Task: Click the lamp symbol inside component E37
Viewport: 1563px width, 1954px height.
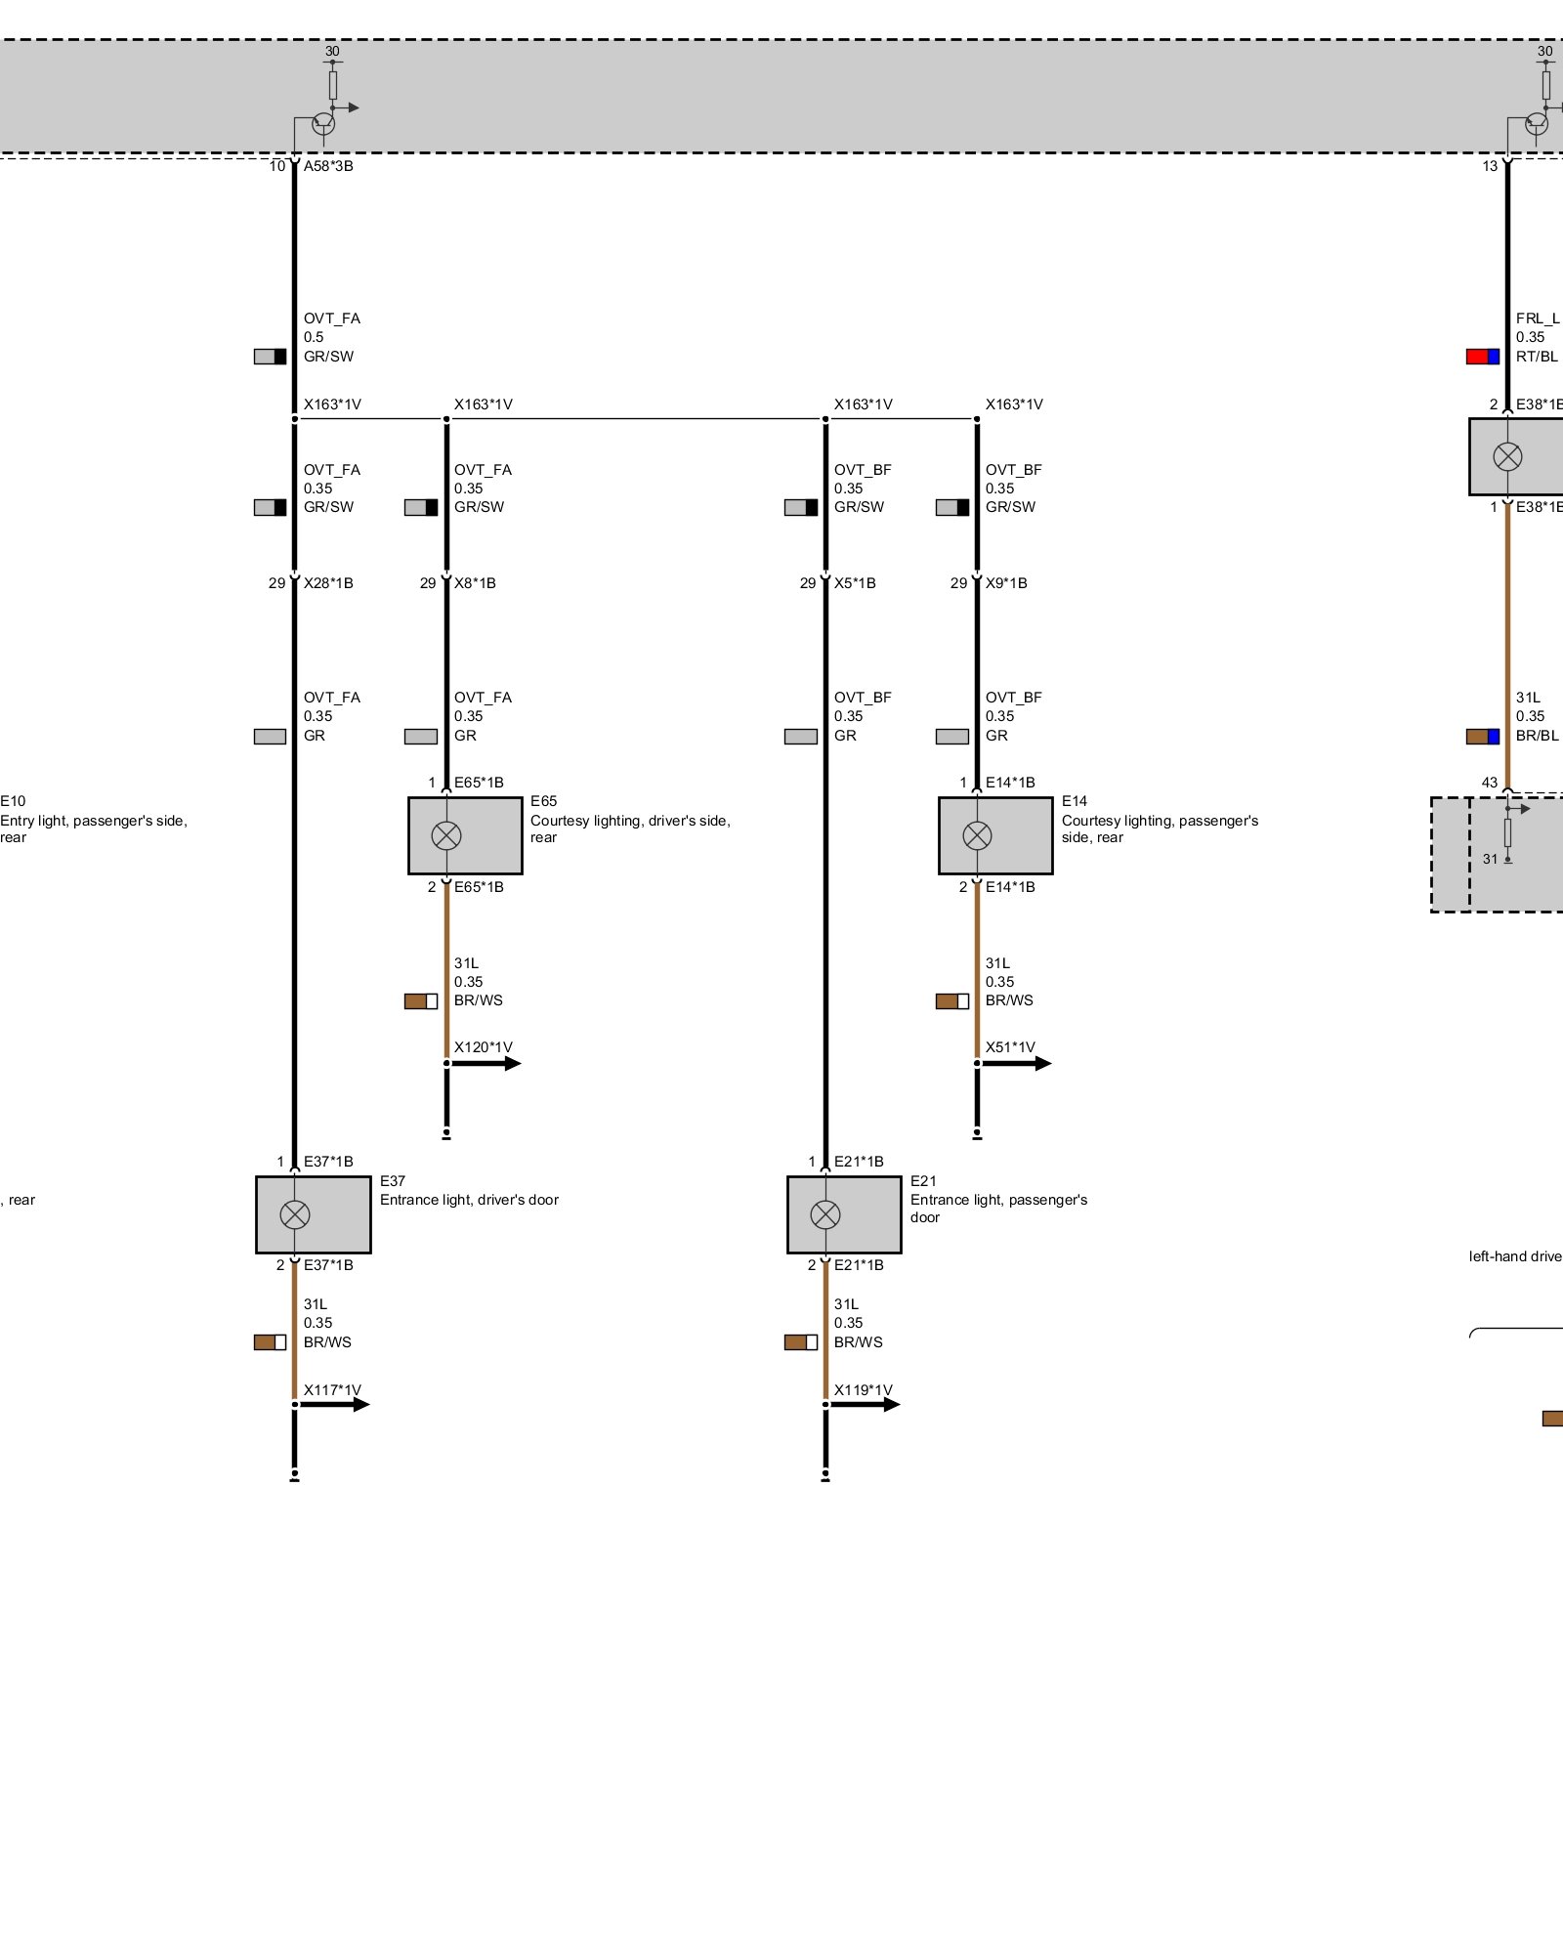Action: point(294,1214)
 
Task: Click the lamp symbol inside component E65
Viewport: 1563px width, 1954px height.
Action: point(446,835)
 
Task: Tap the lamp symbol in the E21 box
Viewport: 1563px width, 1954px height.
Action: point(825,1214)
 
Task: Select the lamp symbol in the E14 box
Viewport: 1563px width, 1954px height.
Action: point(977,835)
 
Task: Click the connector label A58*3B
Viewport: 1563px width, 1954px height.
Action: point(328,166)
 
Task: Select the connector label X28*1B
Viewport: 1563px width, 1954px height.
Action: point(328,583)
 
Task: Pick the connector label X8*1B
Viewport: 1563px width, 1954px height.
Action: point(475,583)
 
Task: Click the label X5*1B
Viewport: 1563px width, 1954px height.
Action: point(855,583)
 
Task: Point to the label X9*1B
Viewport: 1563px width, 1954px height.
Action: point(1006,583)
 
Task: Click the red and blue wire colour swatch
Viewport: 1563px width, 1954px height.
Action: point(1482,357)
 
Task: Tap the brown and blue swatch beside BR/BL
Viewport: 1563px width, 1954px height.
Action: point(1482,737)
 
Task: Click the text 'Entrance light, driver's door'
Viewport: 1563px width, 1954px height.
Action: point(469,1200)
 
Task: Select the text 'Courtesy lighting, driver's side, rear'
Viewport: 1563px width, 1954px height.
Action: point(630,828)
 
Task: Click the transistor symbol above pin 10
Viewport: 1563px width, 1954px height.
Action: point(323,123)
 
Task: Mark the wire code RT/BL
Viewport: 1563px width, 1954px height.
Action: point(1537,357)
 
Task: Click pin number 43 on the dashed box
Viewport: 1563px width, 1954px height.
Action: point(1489,783)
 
